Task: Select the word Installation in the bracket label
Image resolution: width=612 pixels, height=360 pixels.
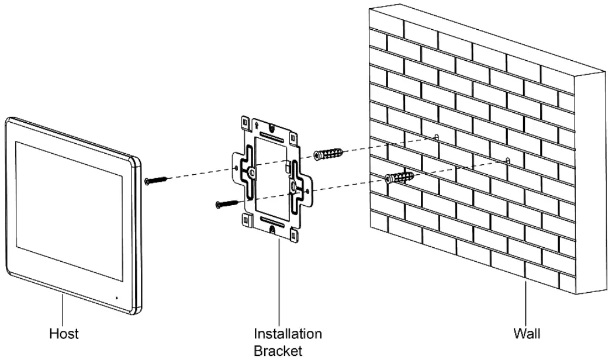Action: pyautogui.click(x=287, y=334)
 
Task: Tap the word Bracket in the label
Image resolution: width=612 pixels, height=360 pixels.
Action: pyautogui.click(x=278, y=351)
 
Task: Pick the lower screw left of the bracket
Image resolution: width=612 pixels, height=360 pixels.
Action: pyautogui.click(x=227, y=203)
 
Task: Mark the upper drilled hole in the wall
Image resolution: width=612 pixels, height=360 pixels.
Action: pyautogui.click(x=436, y=137)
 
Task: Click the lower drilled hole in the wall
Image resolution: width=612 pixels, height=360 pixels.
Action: pyautogui.click(x=507, y=160)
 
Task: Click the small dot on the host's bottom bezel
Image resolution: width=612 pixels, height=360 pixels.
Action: pyautogui.click(x=116, y=297)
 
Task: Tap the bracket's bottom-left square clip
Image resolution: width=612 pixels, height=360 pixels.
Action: pyautogui.click(x=246, y=220)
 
